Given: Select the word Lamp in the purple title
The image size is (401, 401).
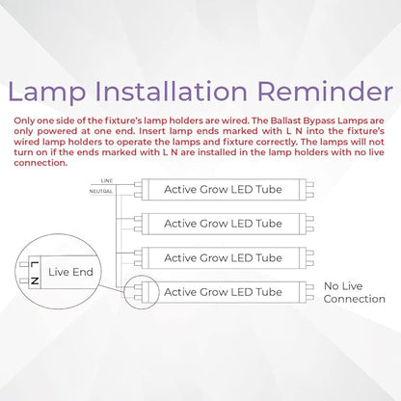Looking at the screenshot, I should [x=49, y=94].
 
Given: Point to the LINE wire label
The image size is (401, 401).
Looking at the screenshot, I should [x=107, y=180].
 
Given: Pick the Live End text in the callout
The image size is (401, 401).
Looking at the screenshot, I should [x=70, y=273].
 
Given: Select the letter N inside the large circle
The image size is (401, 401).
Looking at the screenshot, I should [x=34, y=280].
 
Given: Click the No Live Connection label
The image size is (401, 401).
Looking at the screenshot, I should [x=354, y=292].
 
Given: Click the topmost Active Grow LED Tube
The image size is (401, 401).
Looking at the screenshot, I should [x=224, y=189].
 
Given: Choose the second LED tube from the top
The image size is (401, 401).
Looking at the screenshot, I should [x=224, y=224].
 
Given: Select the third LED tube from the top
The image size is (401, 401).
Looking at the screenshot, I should [x=224, y=257].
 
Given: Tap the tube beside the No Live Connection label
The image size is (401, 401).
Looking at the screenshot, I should [x=224, y=291].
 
